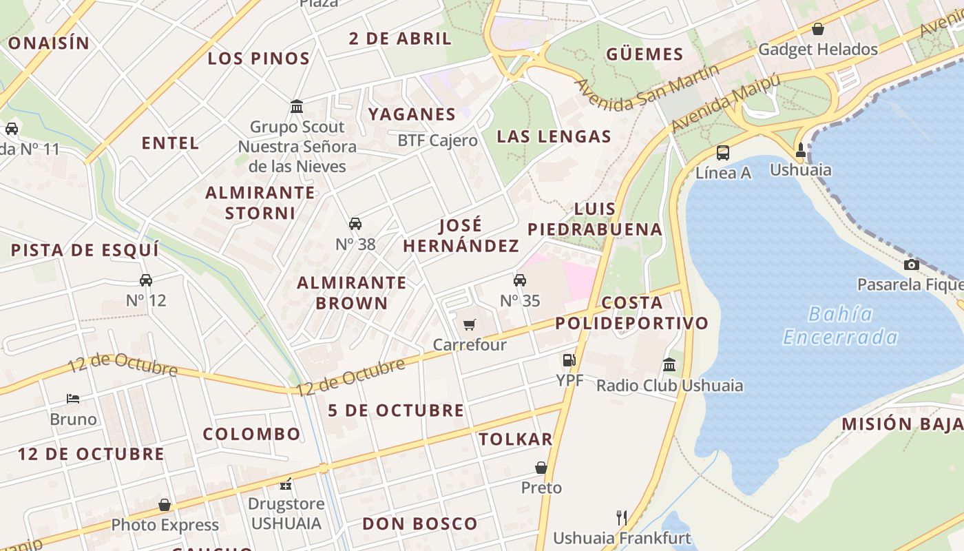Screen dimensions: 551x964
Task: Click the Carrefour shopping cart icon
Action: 470,324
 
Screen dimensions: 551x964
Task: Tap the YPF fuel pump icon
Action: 569,360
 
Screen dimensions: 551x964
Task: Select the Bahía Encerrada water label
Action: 841,326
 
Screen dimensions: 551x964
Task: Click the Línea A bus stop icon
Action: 723,153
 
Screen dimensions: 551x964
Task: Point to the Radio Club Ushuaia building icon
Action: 669,365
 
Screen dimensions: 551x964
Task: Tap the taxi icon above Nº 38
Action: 355,224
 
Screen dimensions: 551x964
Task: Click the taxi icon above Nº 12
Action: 146,280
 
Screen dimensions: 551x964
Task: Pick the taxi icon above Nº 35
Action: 520,280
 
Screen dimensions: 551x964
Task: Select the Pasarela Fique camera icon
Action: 912,265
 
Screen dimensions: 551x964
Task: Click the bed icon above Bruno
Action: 73,399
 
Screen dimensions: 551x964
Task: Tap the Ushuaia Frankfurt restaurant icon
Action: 621,517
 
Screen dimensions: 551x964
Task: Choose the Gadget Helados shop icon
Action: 818,29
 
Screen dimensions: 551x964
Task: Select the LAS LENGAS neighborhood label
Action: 554,136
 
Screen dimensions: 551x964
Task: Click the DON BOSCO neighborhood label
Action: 420,523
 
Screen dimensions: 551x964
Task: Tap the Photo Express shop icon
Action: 165,505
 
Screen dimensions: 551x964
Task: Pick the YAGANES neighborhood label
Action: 412,114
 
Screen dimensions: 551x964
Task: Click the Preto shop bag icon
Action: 541,468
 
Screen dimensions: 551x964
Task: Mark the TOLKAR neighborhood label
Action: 516,439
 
